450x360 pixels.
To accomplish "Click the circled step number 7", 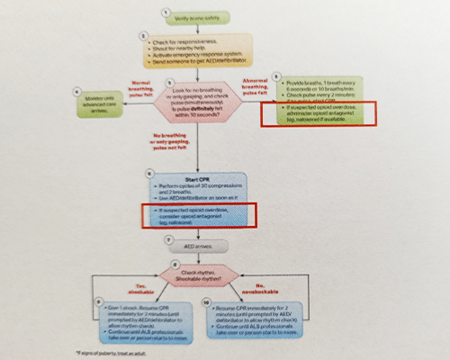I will (x=168, y=242).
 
